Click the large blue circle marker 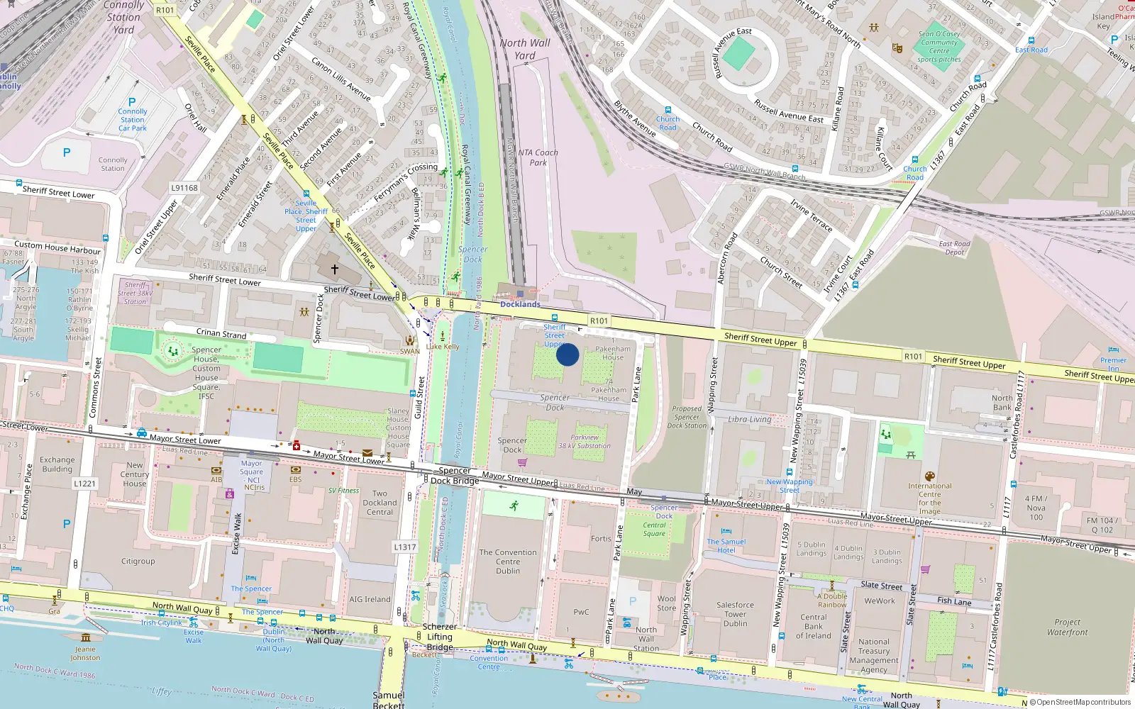pos(567,354)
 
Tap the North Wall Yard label pos(525,49)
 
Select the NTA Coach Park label pos(538,157)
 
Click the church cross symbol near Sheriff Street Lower pos(335,269)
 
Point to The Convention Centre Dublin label pos(508,562)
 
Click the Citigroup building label pos(138,561)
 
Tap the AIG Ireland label pos(370,599)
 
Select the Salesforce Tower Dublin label pos(735,614)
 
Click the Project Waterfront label pos(1067,627)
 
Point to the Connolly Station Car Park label pos(133,120)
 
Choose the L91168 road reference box pos(184,188)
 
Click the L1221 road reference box pos(84,484)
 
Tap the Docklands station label pos(520,304)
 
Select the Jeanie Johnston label pos(85,653)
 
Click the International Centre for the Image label pos(929,498)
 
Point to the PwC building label pos(581,612)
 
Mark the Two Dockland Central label pos(380,503)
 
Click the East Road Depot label pos(954,247)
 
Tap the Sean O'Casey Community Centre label pos(939,46)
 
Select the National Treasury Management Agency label pos(873,655)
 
